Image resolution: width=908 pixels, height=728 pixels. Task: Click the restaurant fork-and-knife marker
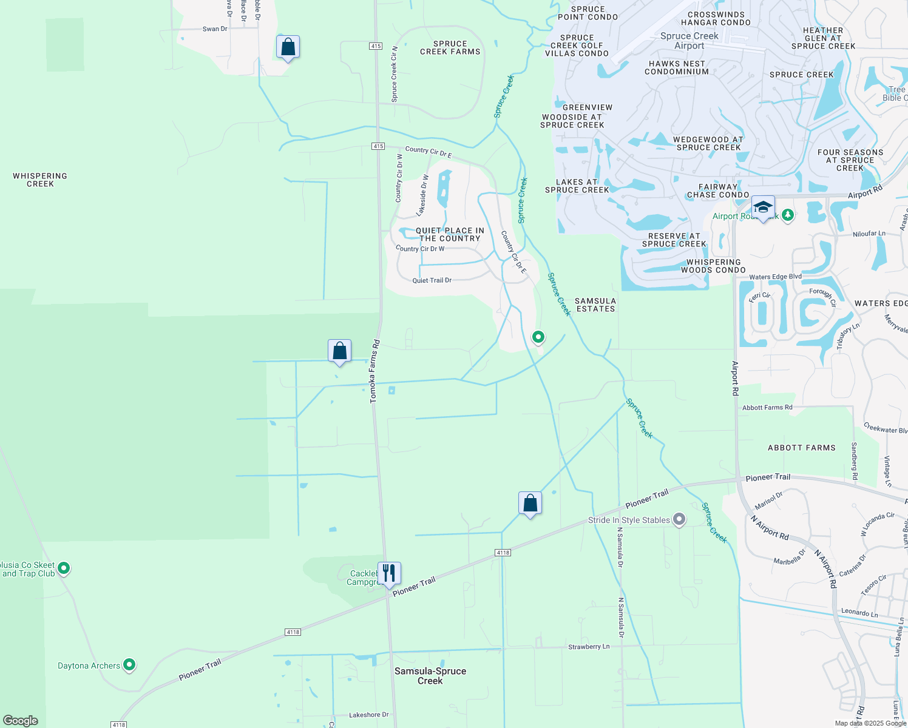point(389,573)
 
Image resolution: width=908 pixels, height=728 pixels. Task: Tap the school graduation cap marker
point(763,207)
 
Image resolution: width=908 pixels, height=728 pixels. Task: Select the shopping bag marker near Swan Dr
point(288,47)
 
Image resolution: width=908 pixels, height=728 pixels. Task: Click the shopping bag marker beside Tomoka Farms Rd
point(339,351)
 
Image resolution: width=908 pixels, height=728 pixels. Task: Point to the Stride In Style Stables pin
point(679,519)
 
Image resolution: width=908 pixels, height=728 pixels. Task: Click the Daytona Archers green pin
point(129,665)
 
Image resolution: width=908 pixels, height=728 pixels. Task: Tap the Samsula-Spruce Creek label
point(430,676)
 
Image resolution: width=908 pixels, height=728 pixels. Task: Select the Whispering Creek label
point(40,180)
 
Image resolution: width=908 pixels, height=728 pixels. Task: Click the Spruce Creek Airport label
point(689,41)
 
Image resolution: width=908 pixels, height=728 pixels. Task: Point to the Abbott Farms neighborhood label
point(801,448)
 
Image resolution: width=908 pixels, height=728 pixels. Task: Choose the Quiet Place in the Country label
point(450,234)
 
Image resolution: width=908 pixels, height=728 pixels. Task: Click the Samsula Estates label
point(595,305)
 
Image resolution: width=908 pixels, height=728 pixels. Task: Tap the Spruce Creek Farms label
point(450,47)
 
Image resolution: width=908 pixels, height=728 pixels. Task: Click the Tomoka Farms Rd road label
point(374,371)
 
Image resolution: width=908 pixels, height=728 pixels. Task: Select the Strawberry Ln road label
point(589,647)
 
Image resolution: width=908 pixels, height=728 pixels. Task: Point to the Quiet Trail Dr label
point(432,280)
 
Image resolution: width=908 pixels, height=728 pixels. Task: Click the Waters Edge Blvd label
point(775,277)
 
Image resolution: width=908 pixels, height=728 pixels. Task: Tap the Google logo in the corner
point(21,720)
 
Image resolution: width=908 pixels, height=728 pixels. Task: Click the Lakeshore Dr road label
point(368,715)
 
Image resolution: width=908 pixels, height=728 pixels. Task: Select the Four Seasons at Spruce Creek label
point(850,160)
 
